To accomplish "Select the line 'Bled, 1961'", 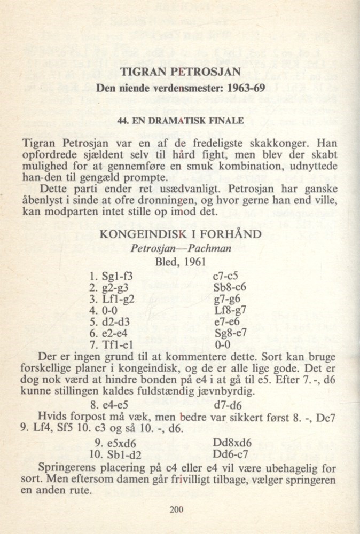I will pos(179,262).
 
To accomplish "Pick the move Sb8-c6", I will pos(229,289).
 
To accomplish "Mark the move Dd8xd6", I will pos(232,444).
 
